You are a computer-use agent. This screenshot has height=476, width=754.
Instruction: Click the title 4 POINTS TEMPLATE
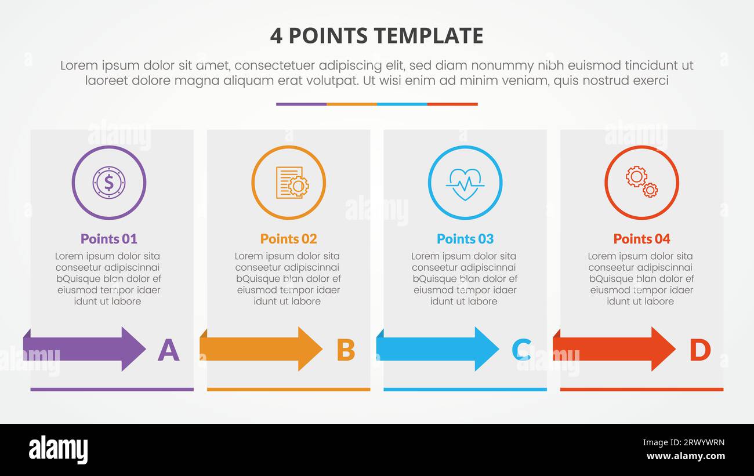376,36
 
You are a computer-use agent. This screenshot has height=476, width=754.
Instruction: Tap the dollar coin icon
109,183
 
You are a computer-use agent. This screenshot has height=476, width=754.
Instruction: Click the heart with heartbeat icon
465,183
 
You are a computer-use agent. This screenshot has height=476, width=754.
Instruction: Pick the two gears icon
641,181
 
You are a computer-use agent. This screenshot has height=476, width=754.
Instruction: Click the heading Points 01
109,238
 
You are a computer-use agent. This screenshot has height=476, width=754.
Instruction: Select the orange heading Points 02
288,238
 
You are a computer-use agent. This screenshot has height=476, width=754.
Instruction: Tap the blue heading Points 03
465,238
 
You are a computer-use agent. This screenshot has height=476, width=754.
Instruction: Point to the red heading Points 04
641,238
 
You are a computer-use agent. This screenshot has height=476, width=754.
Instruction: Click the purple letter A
168,350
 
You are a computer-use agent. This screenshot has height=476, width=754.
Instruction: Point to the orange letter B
346,350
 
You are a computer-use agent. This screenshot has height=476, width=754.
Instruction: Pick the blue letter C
521,350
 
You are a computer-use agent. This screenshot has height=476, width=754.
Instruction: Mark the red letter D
699,350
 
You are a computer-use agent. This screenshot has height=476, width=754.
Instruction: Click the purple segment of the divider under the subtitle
301,104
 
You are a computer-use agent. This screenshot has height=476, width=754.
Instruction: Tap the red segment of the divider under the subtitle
452,104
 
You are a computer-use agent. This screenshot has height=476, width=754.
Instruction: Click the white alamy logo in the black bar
58,450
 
